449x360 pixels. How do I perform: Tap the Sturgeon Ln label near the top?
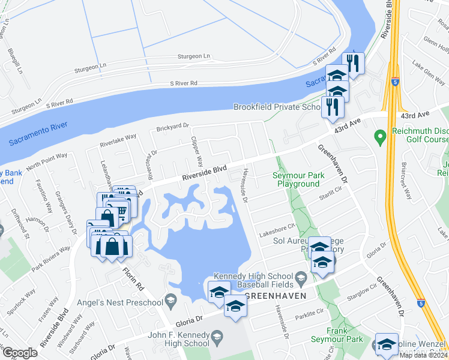193,56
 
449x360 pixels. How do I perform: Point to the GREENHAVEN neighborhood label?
275,296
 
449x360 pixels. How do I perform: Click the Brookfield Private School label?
276,107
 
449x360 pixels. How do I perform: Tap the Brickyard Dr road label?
172,127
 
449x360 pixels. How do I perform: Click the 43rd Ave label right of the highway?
416,114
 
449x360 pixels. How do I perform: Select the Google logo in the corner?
20,353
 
